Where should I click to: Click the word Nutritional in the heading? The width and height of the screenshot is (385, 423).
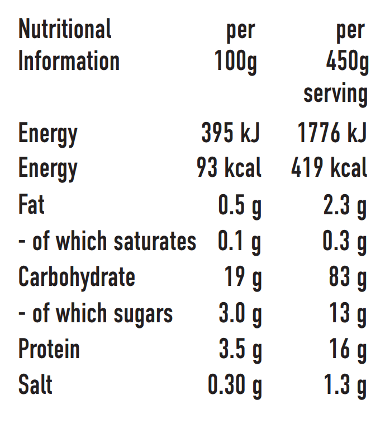point(65,29)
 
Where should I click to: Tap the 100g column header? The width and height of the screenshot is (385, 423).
point(236,62)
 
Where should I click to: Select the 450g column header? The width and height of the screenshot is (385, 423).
point(346,62)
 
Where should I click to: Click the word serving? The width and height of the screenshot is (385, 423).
point(335,93)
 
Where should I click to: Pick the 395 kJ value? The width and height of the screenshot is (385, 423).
point(230,134)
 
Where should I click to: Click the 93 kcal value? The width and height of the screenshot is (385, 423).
point(229,168)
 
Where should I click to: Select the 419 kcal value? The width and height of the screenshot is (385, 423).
point(329,168)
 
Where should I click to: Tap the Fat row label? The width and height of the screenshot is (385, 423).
point(31,205)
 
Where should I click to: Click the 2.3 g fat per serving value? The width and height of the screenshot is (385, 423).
point(345,206)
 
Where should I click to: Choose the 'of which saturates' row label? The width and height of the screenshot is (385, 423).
point(107,241)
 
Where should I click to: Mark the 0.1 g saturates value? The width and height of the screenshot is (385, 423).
point(240,242)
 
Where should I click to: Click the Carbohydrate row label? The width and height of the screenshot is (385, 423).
point(77,277)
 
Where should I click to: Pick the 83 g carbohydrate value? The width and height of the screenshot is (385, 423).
point(348,278)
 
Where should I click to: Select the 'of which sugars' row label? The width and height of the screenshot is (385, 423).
point(96,314)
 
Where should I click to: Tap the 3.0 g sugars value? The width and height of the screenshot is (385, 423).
point(240,314)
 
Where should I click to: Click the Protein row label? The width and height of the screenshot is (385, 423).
point(49,349)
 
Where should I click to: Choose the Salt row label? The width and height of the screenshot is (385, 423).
point(35,385)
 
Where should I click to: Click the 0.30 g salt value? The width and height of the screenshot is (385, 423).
point(235,386)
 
